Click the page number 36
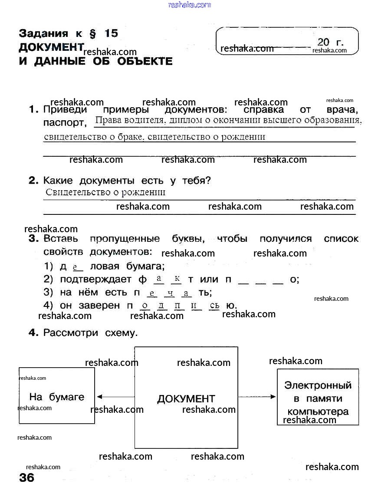26,478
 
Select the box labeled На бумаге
57,396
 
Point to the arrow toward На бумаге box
115,397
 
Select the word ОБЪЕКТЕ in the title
145,61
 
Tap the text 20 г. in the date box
330,42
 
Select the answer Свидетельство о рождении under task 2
105,192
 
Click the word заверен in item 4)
99,305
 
